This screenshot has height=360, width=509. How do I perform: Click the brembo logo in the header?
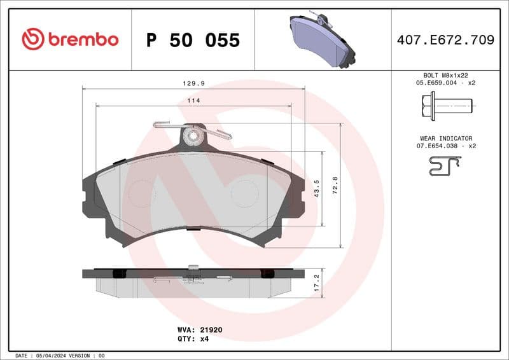coord(70,39)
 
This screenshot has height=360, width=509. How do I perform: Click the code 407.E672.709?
coord(445,40)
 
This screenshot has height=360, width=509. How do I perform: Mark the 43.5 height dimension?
coord(317,189)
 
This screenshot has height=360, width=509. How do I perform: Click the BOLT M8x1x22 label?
coord(445,75)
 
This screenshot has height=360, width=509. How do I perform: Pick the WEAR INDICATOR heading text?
coord(445,138)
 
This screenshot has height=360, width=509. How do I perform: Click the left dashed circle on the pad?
coord(141,192)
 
